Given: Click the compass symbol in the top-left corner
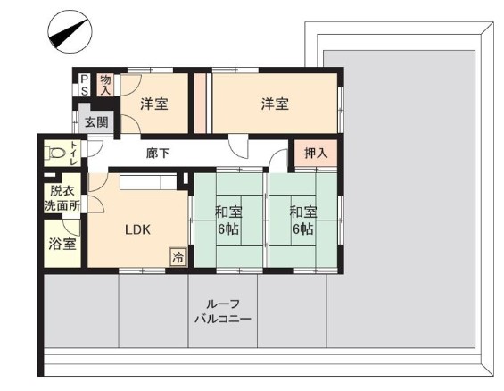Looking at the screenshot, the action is pos(70,31).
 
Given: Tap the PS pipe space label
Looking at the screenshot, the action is pos(85,85).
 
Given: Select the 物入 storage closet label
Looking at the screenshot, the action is pos(105,85).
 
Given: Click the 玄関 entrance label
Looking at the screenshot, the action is pos(96,122).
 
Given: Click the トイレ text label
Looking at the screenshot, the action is pos(74,153).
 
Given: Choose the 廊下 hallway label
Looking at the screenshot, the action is pos(158,153).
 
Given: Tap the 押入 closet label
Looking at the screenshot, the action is pos(316,153).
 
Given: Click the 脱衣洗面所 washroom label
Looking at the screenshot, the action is pos(62,198).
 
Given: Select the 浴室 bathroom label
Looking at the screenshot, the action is pos(62,244).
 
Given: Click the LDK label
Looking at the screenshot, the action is pos(137,229).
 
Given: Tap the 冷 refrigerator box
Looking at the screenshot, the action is pos(178,257).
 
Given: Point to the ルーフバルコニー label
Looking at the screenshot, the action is pos(223,312).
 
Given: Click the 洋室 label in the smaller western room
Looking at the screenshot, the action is pos(154,104).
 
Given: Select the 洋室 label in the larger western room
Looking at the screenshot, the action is pos(275,104).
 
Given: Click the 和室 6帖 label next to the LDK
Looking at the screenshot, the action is pos(228,220).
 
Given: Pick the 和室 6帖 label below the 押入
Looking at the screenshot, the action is pos(303,220).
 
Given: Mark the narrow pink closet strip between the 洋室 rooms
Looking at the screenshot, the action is pos(200,103).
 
